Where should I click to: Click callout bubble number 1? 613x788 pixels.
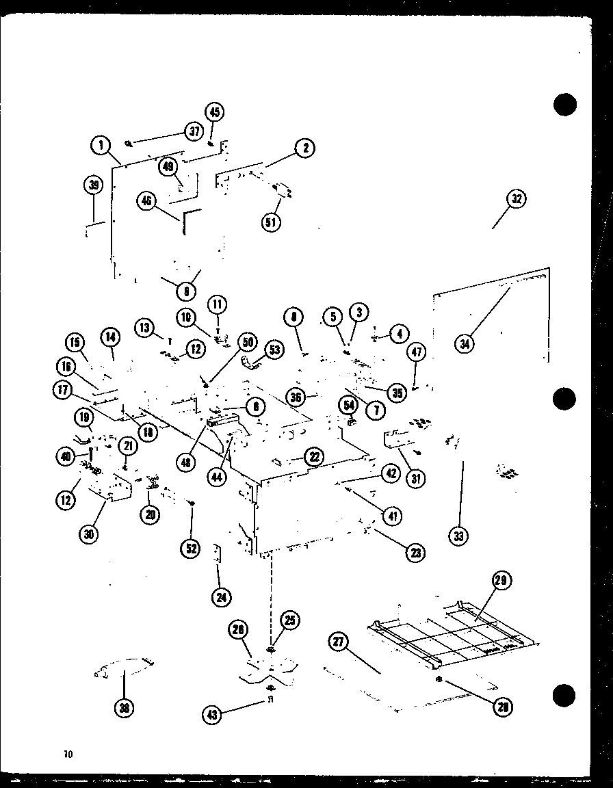101,144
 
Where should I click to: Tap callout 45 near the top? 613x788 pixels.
214,111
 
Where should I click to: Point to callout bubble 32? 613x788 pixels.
516,199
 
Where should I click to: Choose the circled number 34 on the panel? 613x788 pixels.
465,344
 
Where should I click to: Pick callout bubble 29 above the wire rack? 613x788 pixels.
501,581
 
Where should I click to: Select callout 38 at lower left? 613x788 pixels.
124,708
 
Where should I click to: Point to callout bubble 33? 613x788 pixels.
458,536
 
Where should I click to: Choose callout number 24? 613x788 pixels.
221,597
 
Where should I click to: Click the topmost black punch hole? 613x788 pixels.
564,105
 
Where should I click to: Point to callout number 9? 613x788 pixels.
186,291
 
